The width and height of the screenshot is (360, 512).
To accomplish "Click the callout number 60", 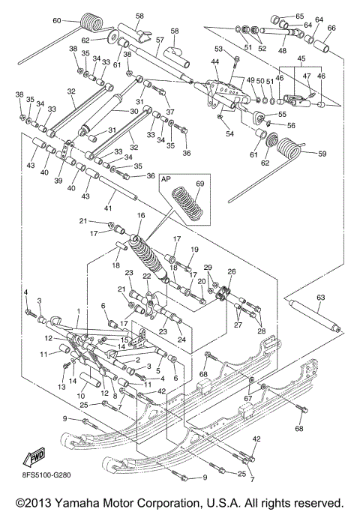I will [57, 21].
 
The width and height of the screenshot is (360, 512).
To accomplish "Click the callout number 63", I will [321, 298].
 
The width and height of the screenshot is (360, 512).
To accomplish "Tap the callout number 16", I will [140, 216].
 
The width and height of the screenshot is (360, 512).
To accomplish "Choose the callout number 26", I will [232, 272].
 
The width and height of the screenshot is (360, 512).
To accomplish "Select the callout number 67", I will [267, 400].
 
